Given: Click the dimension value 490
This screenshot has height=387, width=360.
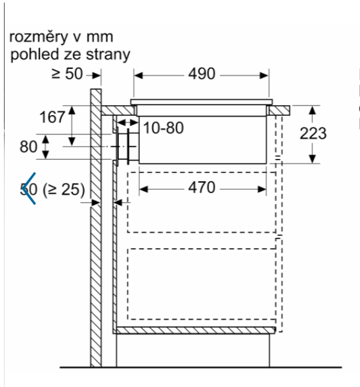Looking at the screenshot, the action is coord(202,74).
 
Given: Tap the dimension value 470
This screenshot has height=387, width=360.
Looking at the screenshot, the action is coord(202,187).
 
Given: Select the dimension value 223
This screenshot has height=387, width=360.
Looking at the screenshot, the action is coord(313,133).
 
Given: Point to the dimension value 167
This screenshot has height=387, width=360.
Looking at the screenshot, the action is coord(53,117).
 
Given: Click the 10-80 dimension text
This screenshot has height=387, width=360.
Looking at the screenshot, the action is coord(164,128).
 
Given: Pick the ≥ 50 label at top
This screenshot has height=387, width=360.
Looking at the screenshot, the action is coord(67,74).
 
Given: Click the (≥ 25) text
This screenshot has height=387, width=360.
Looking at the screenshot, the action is coord(64,190).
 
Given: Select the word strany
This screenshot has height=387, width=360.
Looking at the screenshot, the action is coord(108,55).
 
